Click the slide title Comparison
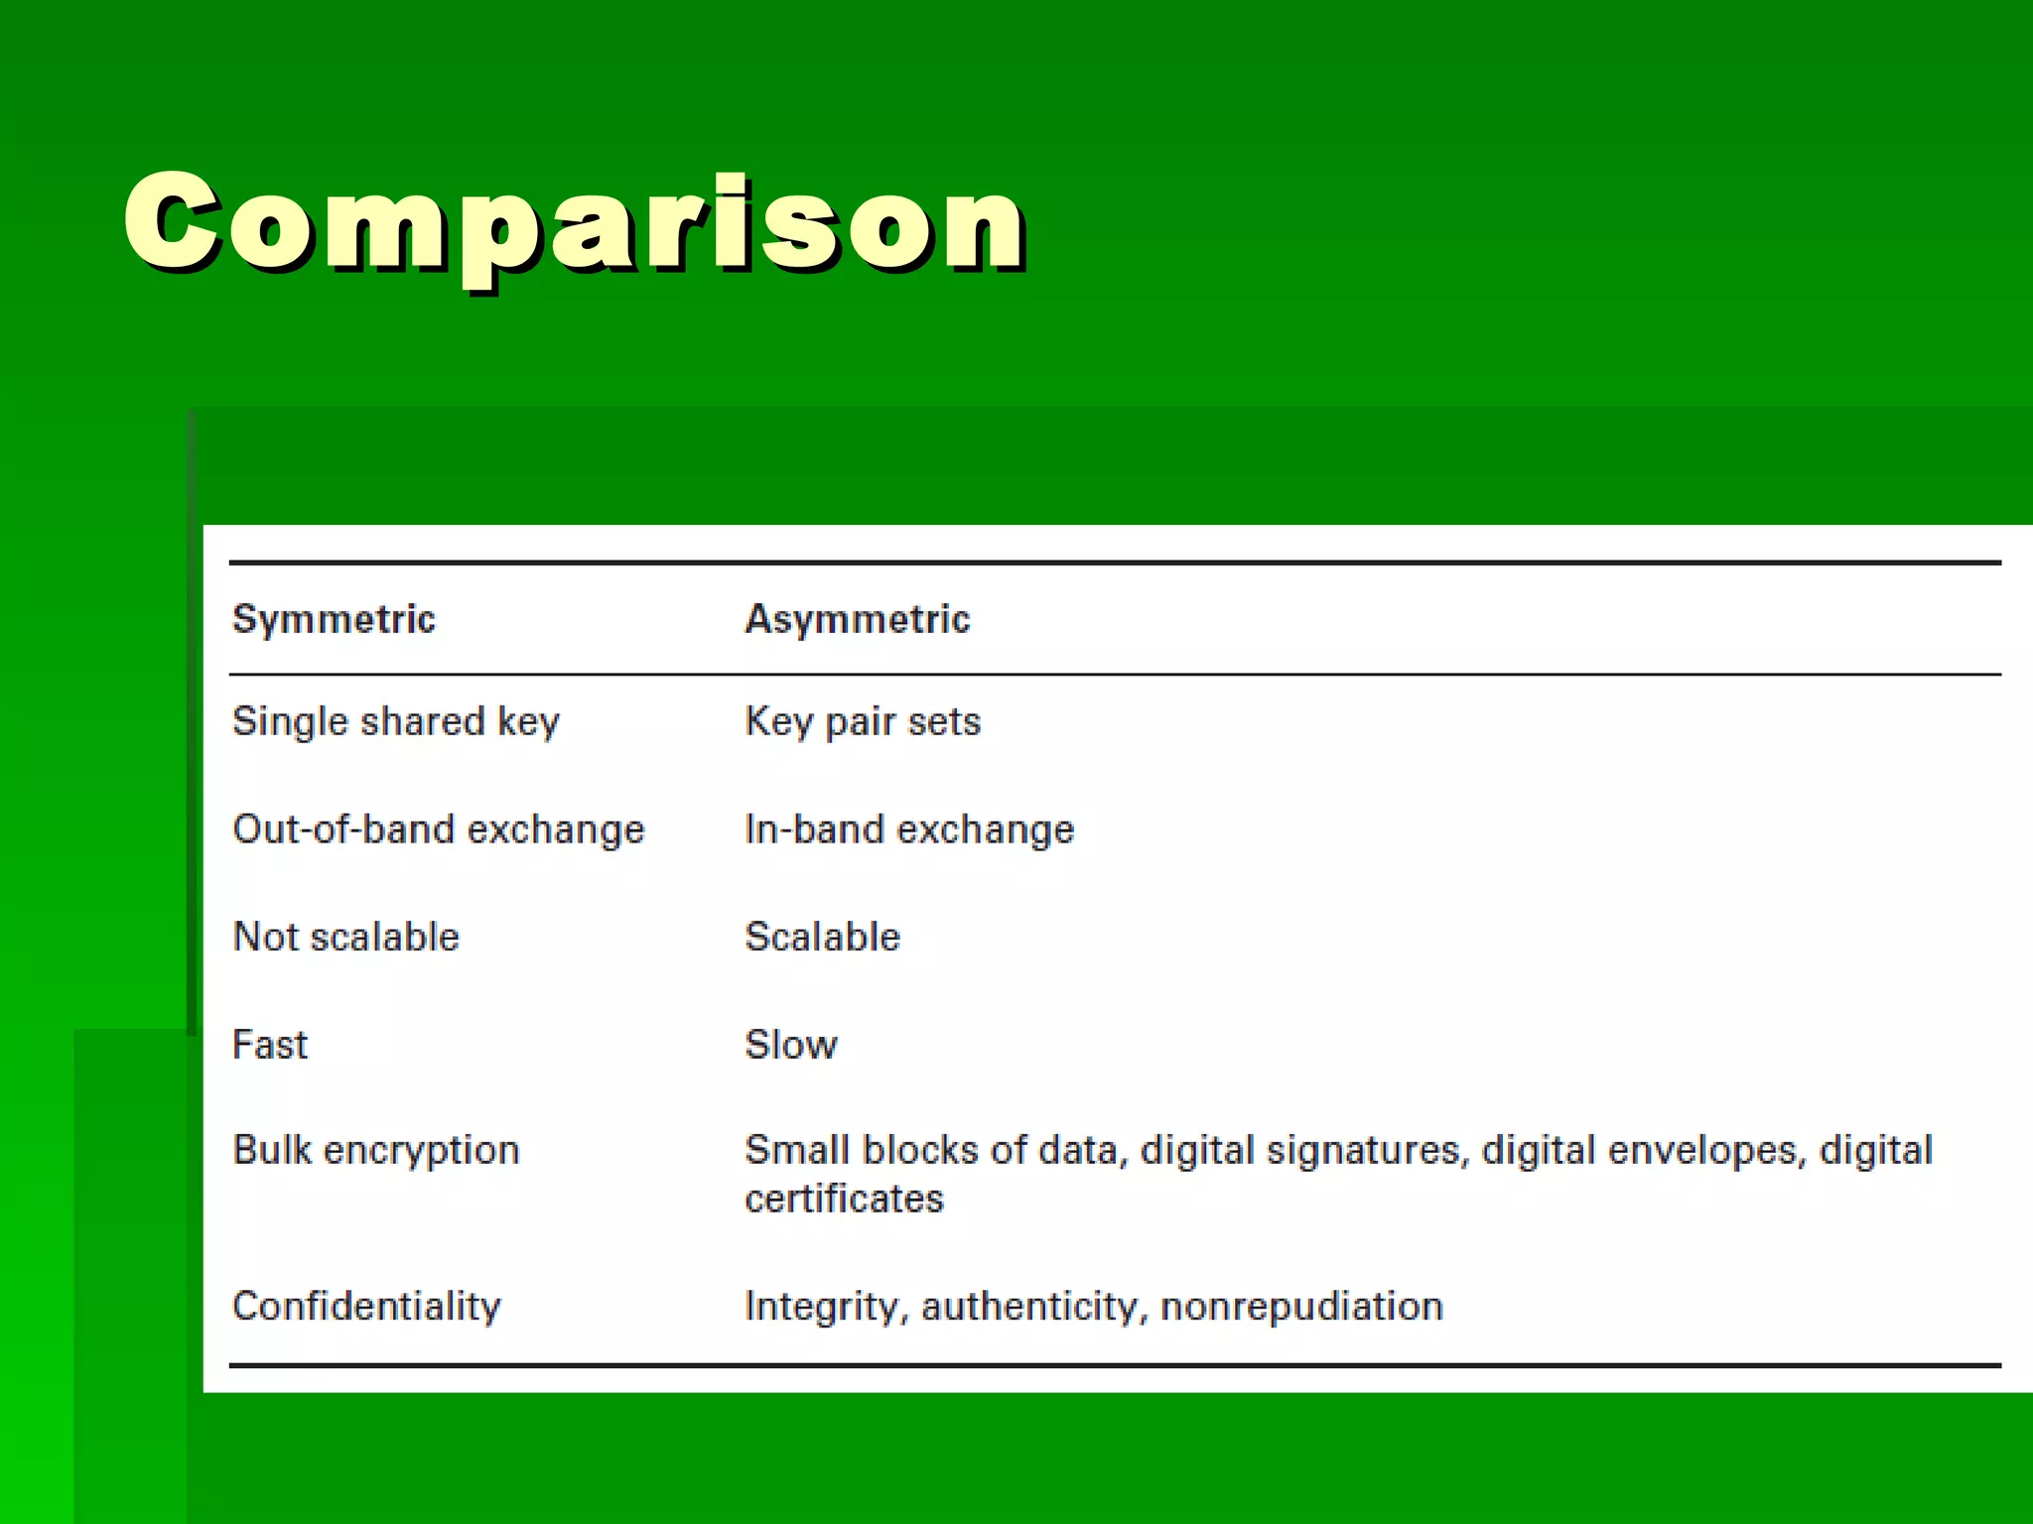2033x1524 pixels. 574,223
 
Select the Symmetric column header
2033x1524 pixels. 334,619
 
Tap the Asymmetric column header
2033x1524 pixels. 857,619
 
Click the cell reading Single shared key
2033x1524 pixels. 395,721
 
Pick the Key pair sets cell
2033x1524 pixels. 862,721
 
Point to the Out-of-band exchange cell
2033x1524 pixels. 438,829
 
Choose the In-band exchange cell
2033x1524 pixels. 909,829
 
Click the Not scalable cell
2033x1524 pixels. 345,937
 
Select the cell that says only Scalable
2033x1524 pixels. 822,937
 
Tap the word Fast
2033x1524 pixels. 270,1045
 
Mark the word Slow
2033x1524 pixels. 791,1045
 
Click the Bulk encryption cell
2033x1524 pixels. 375,1151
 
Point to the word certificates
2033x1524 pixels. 844,1200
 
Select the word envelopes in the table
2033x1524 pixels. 1706,1151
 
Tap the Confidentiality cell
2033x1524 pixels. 366,1306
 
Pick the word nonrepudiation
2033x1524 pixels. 1301,1306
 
